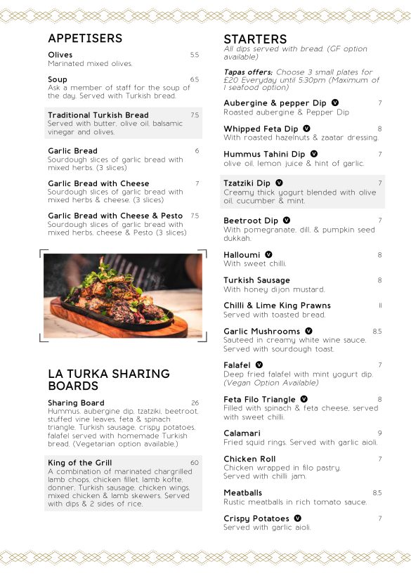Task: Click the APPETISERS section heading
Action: tap(85, 39)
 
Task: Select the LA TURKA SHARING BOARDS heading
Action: tap(109, 380)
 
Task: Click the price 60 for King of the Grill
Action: tap(195, 463)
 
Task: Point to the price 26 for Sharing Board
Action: tap(195, 403)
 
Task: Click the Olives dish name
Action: tap(60, 55)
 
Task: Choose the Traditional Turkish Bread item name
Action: tap(98, 115)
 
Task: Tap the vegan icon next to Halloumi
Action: tap(268, 254)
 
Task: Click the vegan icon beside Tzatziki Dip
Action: tap(280, 183)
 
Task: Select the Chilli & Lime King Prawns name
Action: tap(277, 306)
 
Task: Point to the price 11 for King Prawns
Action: tap(380, 306)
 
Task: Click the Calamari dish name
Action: tap(242, 433)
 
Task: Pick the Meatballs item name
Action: tap(242, 493)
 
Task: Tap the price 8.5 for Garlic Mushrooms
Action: tap(377, 332)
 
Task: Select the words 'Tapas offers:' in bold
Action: tap(247, 72)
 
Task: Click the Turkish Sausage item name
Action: tap(256, 280)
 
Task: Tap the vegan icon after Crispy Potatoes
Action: tap(297, 518)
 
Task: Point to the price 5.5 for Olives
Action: tap(195, 55)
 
